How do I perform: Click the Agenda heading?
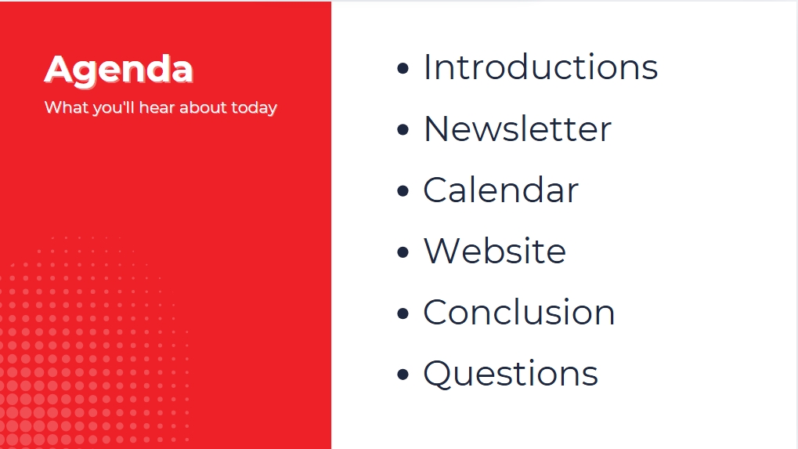(x=118, y=71)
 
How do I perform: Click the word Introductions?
(x=540, y=67)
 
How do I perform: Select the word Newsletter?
(x=517, y=129)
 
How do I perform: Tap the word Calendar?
(x=500, y=190)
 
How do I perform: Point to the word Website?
(x=495, y=251)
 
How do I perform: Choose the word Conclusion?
(x=519, y=312)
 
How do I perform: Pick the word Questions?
(x=511, y=375)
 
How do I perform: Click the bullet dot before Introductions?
(x=403, y=68)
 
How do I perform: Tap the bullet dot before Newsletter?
(x=403, y=129)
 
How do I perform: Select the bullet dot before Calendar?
(x=403, y=191)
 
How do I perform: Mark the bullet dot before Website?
(x=403, y=252)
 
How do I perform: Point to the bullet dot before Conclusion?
(x=403, y=313)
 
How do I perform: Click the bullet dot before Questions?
(x=403, y=375)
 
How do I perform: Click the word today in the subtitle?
(x=254, y=108)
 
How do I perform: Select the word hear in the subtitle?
(x=157, y=107)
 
